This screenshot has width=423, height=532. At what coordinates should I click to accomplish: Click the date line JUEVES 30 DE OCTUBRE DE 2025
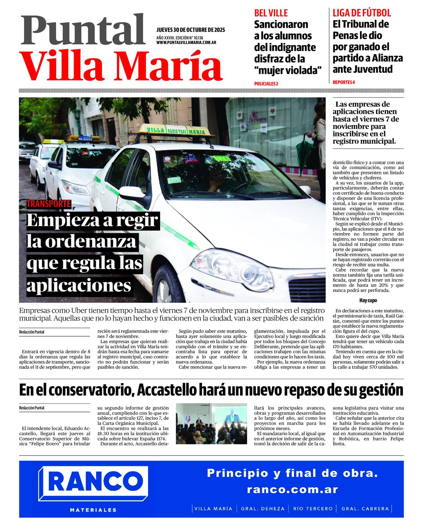point(190,30)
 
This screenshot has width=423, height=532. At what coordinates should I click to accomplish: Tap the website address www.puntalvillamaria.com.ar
point(186,43)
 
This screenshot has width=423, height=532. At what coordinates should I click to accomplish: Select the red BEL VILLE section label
point(271,13)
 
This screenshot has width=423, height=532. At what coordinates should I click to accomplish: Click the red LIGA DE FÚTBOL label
point(362,13)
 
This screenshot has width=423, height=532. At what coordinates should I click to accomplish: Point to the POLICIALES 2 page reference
point(266,84)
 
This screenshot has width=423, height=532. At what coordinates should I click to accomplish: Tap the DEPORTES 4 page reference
point(344,82)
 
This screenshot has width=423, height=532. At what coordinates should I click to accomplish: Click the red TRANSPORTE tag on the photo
point(49,204)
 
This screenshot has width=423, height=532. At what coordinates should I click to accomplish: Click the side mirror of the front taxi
point(131,193)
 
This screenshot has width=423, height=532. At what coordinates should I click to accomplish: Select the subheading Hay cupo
point(368,301)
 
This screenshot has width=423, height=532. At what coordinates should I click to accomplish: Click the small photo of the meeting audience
point(211,424)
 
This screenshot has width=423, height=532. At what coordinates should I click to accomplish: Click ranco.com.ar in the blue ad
point(292,489)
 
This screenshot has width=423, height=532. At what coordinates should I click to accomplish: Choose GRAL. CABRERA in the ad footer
point(365,509)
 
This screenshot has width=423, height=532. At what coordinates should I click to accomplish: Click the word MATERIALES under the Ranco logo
point(93,510)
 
